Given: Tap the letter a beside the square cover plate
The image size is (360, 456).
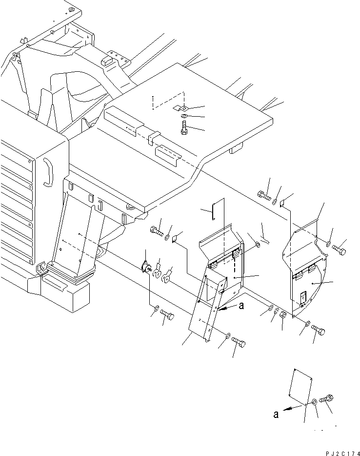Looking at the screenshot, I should (x=277, y=415).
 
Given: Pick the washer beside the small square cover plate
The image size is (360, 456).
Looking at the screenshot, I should (x=315, y=401).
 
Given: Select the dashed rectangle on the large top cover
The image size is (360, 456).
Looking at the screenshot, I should (x=168, y=100).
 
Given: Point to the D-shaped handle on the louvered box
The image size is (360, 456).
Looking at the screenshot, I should (x=47, y=171).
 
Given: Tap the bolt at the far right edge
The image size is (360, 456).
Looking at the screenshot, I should (x=340, y=250).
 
